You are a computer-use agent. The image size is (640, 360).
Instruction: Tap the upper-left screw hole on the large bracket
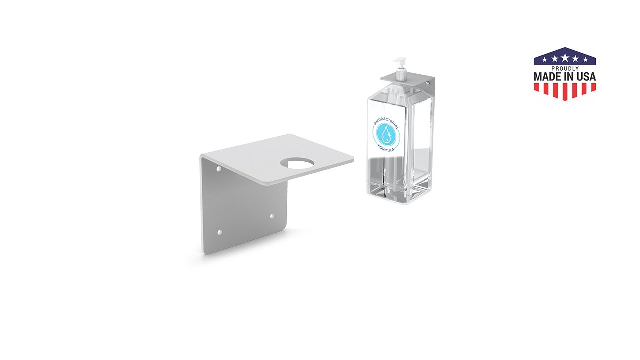(219, 169)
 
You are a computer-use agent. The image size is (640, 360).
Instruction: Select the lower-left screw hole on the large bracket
(220, 232)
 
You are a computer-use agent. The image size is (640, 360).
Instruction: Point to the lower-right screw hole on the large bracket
(272, 216)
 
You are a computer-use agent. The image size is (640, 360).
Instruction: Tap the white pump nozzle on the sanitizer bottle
(399, 61)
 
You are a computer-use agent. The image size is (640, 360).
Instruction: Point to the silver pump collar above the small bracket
(400, 75)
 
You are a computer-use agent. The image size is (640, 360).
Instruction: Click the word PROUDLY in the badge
(565, 68)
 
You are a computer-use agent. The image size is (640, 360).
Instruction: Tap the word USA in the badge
(585, 77)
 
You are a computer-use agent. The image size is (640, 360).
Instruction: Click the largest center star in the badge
(565, 58)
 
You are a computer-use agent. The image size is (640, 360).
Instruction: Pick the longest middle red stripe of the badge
(565, 91)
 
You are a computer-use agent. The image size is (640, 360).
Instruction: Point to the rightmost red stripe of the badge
(593, 87)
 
